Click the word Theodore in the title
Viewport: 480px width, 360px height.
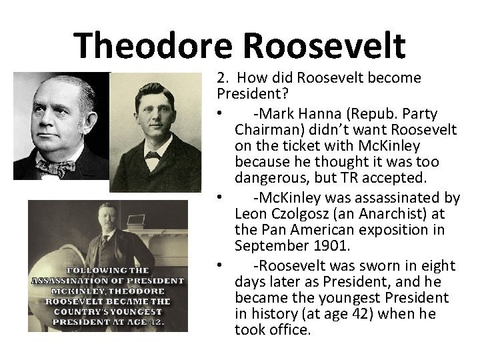coord(155,45)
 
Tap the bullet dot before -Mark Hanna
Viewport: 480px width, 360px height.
coord(220,111)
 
